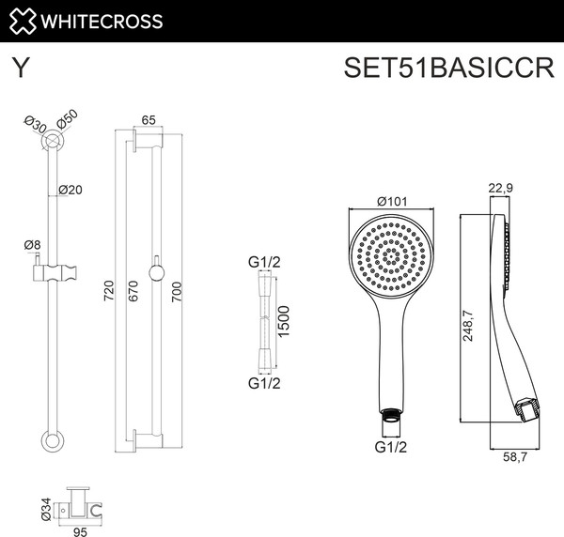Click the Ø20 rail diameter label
[70, 189]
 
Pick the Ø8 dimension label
[32, 245]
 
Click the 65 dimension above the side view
[149, 120]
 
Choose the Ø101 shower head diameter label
[390, 202]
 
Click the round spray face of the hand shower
[388, 257]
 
